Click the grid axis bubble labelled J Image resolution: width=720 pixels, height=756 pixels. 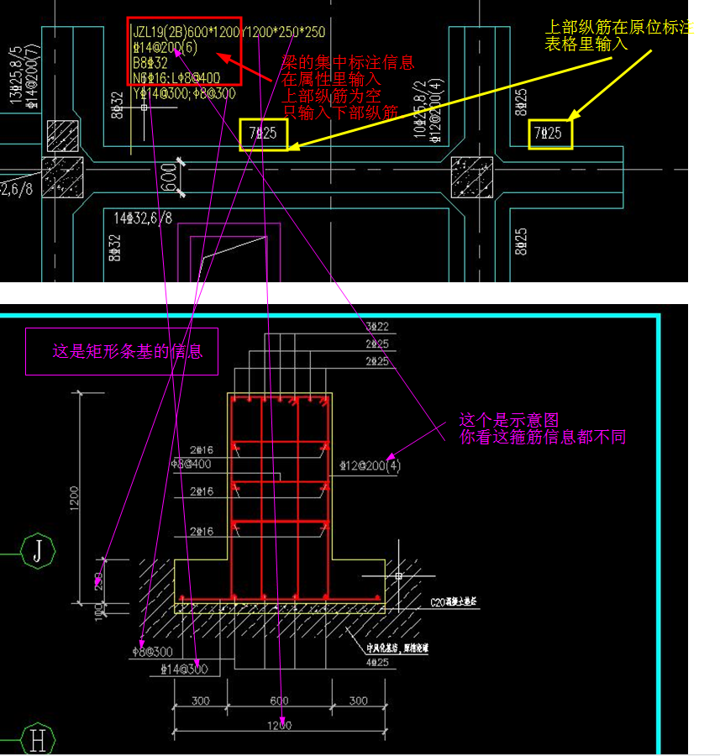pyautogui.click(x=38, y=552)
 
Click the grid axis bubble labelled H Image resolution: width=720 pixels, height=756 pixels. pyautogui.click(x=38, y=739)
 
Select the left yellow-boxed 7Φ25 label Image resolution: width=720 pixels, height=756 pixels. pyautogui.click(x=264, y=134)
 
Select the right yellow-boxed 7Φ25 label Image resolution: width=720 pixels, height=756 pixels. pyautogui.click(x=550, y=134)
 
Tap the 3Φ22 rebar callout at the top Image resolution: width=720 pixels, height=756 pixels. pyautogui.click(x=377, y=325)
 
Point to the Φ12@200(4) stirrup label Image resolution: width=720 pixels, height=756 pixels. pyautogui.click(x=370, y=465)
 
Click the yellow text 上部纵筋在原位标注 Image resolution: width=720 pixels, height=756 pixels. pyautogui.click(x=618, y=28)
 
